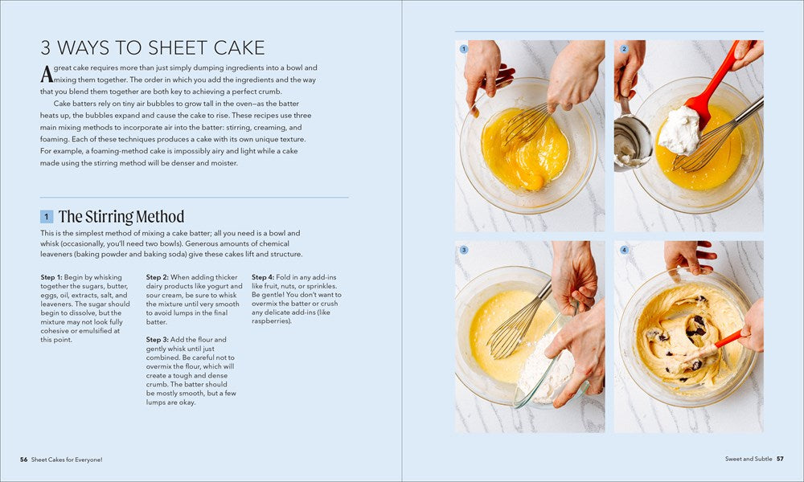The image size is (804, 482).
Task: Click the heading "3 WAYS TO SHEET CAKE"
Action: (x=153, y=47)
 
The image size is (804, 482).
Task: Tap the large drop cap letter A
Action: (x=47, y=74)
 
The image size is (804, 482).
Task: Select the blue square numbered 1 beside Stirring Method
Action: (x=47, y=217)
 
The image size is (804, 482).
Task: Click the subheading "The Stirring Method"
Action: (x=121, y=217)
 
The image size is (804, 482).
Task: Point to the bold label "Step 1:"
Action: (x=51, y=277)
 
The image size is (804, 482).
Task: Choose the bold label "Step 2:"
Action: (x=157, y=277)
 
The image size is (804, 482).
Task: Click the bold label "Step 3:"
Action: (x=157, y=340)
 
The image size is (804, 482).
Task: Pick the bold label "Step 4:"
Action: (x=263, y=277)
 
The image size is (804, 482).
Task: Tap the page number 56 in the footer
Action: (x=23, y=460)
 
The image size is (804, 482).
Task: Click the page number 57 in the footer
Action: (x=780, y=459)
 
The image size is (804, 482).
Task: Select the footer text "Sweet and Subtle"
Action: (x=748, y=459)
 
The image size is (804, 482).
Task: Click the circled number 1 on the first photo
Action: (x=464, y=49)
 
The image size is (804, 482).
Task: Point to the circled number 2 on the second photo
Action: (x=624, y=49)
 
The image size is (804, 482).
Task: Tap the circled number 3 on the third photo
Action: (x=464, y=250)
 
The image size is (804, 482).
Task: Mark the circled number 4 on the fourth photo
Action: (x=624, y=250)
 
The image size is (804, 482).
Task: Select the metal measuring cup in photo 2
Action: (x=632, y=139)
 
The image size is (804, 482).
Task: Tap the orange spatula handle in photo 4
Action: (x=728, y=338)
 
